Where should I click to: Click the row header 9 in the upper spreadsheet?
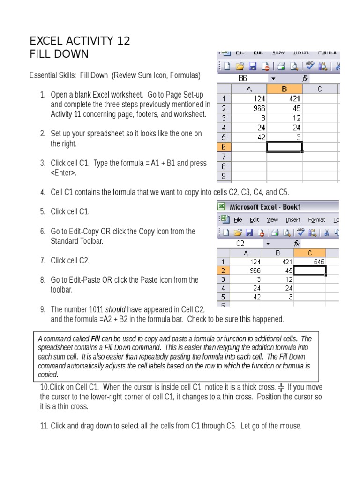[x=224, y=177]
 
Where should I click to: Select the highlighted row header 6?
[x=224, y=147]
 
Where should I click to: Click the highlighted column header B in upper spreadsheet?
[x=285, y=89]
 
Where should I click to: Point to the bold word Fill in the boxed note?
[x=96, y=339]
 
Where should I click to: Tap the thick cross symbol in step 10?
[x=281, y=388]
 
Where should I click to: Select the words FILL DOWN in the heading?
[x=59, y=54]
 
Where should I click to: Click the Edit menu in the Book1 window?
[x=254, y=220]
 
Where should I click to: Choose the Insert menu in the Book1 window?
[x=293, y=220]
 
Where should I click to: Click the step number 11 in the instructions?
[x=45, y=426]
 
